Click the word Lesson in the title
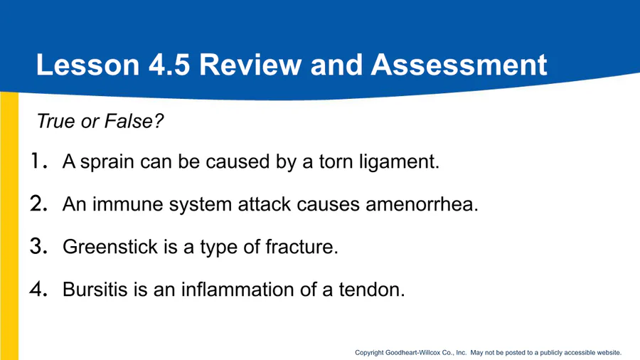88,65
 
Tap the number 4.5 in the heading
169,65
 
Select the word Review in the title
250,65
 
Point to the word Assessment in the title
459,65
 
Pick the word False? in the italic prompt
134,121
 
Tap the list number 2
39,203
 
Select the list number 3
39,246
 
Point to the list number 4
39,289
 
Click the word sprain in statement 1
107,163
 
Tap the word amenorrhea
422,204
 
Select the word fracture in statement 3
302,247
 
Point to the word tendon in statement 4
372,290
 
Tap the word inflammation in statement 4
238,290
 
